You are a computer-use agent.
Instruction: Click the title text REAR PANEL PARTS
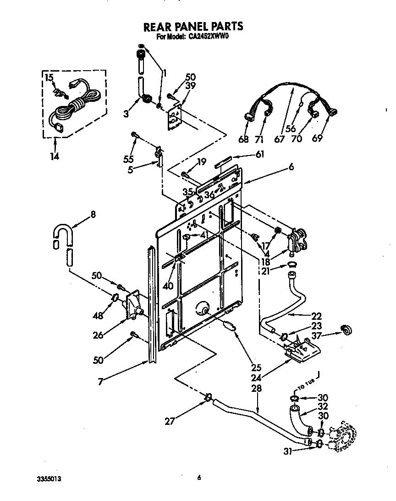tap(193, 27)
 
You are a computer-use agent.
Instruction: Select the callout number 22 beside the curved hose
tap(316, 316)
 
